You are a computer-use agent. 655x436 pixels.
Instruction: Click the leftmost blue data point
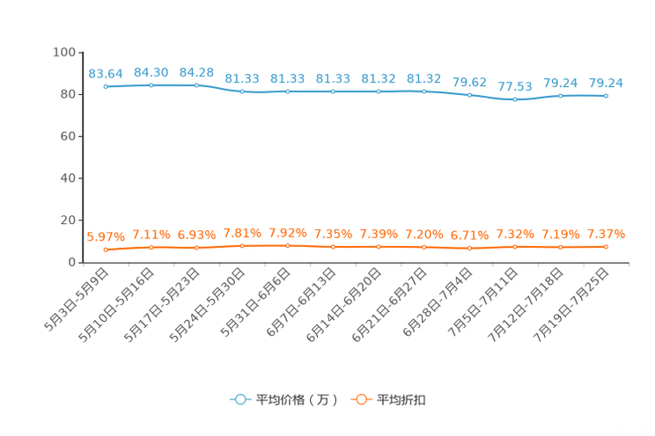point(106,86)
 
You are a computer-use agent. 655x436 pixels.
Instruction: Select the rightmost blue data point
point(606,95)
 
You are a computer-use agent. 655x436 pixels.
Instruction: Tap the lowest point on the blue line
point(515,99)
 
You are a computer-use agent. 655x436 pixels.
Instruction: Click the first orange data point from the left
point(106,250)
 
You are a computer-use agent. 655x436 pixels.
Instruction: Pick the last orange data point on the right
point(606,247)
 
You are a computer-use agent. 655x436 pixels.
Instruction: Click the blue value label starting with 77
point(515,86)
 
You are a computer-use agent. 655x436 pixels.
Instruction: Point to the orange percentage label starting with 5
point(105,237)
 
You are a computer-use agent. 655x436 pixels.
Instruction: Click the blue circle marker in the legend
point(239,399)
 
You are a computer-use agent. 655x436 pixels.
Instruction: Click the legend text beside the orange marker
point(401,400)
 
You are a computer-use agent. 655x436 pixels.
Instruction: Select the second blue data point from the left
point(151,85)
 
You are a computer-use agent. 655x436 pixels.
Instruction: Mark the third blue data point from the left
point(196,85)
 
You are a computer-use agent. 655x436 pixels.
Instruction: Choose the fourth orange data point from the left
point(242,245)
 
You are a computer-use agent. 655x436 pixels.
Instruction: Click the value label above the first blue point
point(106,73)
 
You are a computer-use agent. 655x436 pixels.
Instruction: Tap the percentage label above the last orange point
point(606,234)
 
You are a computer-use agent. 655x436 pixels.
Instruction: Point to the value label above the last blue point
point(606,83)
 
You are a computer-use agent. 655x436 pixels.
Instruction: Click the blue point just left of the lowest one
point(469,94)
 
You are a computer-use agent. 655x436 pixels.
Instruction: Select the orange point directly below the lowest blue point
point(515,247)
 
